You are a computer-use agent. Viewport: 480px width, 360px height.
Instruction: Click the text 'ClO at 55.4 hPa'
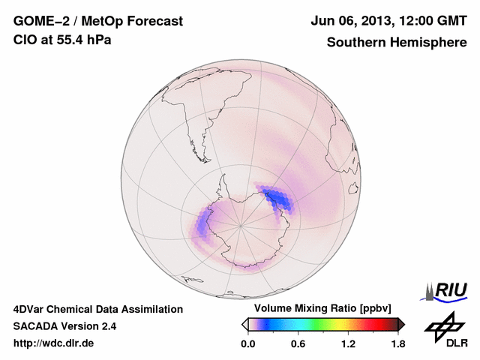coord(62,40)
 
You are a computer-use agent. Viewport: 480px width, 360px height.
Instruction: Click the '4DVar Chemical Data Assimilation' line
coord(98,309)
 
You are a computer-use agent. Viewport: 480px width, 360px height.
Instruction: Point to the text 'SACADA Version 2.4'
coord(64,326)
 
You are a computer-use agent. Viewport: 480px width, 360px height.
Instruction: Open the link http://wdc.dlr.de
coord(54,343)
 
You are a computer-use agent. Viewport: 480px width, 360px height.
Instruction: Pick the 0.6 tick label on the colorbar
coord(298,343)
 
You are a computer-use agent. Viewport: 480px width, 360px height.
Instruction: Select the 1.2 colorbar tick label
coord(348,343)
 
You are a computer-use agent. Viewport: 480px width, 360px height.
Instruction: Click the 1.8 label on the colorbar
coord(397,343)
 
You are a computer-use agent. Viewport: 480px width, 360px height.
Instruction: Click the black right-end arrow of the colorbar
coord(401,324)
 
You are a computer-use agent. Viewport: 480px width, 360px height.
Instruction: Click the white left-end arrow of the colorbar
coord(244,324)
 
